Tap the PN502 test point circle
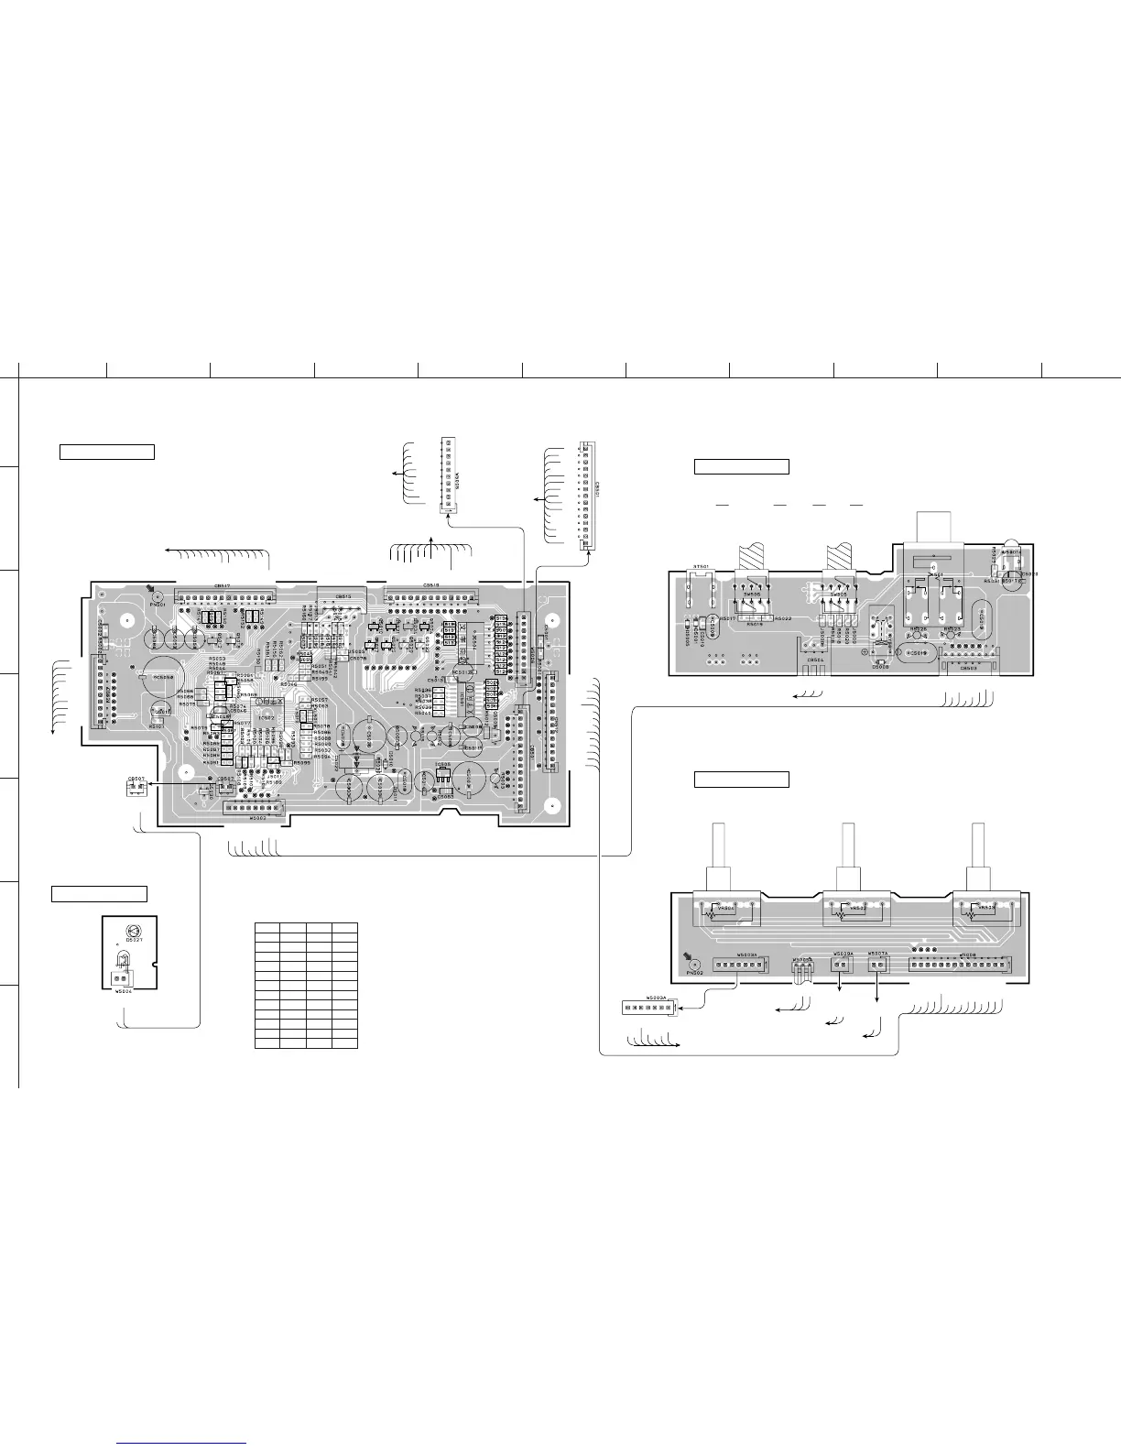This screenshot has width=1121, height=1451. (692, 965)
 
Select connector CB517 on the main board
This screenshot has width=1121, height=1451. (224, 596)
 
